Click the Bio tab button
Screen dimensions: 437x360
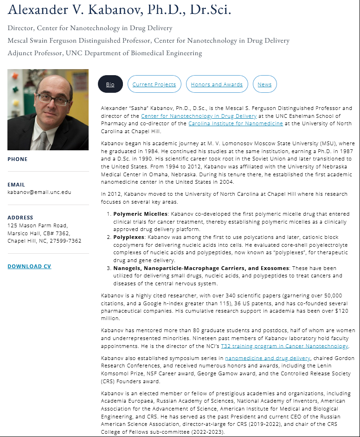pos(110,84)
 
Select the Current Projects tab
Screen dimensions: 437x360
pos(154,84)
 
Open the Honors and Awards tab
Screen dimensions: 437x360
pos(217,84)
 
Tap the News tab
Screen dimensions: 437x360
pos(264,84)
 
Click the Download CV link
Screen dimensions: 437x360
pos(29,266)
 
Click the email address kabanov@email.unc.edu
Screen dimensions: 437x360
pos(39,192)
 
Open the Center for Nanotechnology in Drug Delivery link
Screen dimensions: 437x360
pos(199,116)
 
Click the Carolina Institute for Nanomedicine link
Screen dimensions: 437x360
pos(235,123)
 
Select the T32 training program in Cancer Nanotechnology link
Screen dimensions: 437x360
pos(284,346)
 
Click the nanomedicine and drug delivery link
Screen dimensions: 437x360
pos(268,358)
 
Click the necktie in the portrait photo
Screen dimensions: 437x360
pos(43,140)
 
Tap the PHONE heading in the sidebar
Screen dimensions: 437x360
pos(18,159)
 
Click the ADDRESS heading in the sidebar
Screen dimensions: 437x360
pos(20,218)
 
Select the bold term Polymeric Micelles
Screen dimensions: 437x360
pos(141,214)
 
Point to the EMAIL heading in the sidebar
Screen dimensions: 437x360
pos(16,185)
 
